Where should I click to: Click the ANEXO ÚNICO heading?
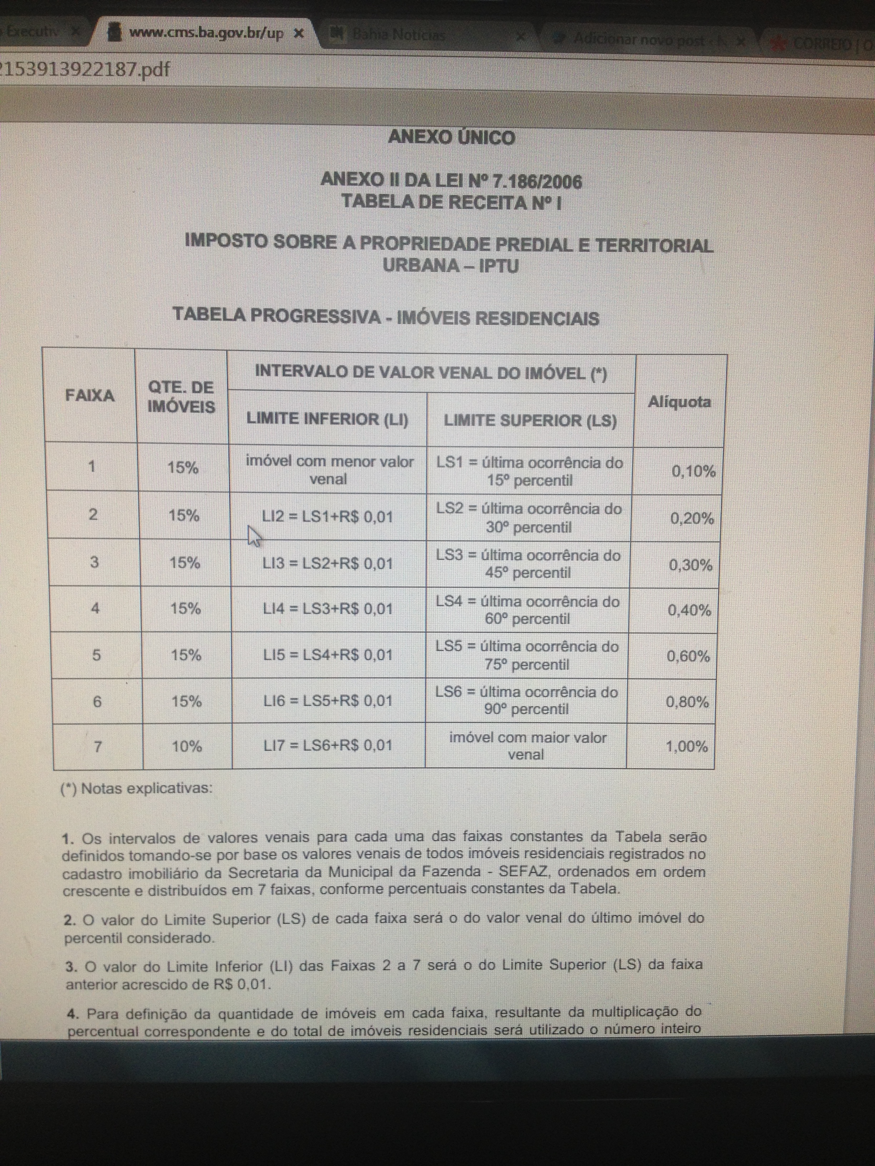pyautogui.click(x=451, y=138)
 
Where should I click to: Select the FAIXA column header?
pyautogui.click(x=90, y=395)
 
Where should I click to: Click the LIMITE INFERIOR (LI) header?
pyautogui.click(x=327, y=419)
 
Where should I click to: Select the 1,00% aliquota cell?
pyautogui.click(x=687, y=746)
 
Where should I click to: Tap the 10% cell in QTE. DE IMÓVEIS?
pyautogui.click(x=187, y=746)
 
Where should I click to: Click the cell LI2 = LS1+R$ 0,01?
pyautogui.click(x=327, y=516)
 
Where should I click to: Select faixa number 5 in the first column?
pyautogui.click(x=97, y=655)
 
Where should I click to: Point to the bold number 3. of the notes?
pyautogui.click(x=71, y=967)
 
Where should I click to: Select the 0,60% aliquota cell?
pyautogui.click(x=688, y=656)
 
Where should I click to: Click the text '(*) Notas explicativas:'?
pyautogui.click(x=137, y=788)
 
